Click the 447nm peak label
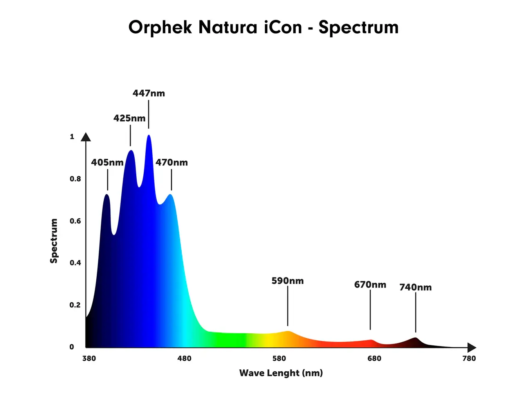[149, 93]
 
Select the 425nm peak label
[130, 118]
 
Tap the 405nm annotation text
[107, 162]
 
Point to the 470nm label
[171, 162]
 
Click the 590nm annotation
[287, 281]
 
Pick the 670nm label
[370, 285]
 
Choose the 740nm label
[415, 287]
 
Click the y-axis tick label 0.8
[75, 179]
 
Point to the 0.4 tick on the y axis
[75, 263]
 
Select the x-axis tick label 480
[184, 358]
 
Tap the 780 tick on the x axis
[469, 358]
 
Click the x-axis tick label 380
[89, 358]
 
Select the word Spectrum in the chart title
[358, 28]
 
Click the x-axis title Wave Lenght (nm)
[281, 373]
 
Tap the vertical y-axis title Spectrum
[54, 241]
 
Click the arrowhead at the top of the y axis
[86, 137]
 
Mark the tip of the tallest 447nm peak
[149, 136]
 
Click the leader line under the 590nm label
[287, 306]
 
